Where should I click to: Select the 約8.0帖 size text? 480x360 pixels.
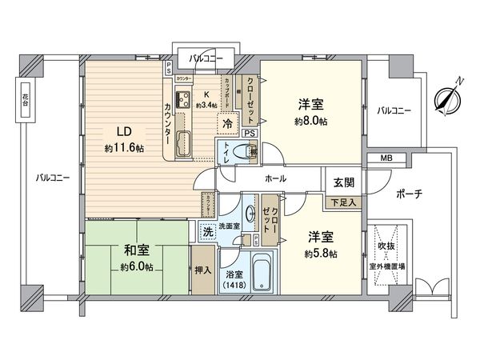tap(311, 122)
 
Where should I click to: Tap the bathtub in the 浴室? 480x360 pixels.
tap(261, 274)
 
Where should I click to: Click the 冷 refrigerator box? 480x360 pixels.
tap(228, 124)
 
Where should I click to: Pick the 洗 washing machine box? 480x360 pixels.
tap(205, 231)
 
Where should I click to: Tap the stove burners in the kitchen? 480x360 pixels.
tap(182, 100)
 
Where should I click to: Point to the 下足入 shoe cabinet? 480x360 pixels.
tap(346, 203)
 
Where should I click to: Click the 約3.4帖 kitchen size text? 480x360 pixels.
tap(206, 104)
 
